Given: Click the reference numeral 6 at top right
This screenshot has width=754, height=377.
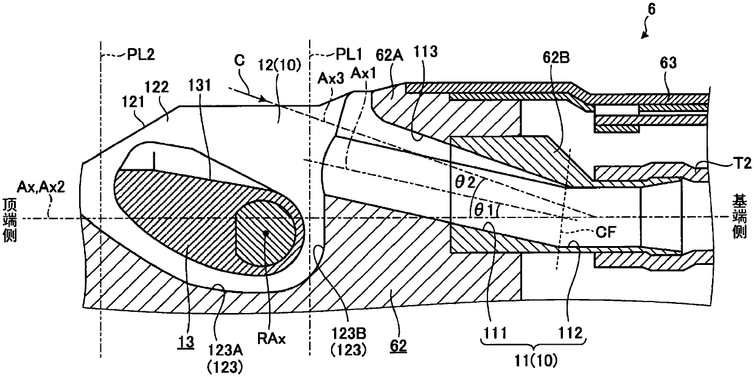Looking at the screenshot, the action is point(652,9).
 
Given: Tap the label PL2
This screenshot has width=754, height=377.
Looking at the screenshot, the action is point(141,54).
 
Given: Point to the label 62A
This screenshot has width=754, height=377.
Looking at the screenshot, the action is point(389,55).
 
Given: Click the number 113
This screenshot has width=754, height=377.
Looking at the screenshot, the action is point(425,52).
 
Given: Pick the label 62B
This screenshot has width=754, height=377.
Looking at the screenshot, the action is point(556,58).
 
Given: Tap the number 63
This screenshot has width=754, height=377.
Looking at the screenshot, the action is point(668,63).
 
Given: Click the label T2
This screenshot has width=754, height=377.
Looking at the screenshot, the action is point(742,163).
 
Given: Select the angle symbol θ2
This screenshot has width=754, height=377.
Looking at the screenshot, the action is point(465,182).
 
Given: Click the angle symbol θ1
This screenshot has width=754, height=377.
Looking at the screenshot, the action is point(484,210).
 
